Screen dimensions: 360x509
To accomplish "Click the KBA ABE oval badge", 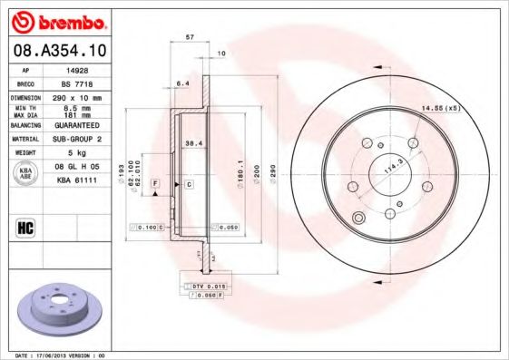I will (x=25, y=173).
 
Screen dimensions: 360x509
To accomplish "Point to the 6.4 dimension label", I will (x=181, y=83).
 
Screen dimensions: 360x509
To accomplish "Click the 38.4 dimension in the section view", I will (x=192, y=142).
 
